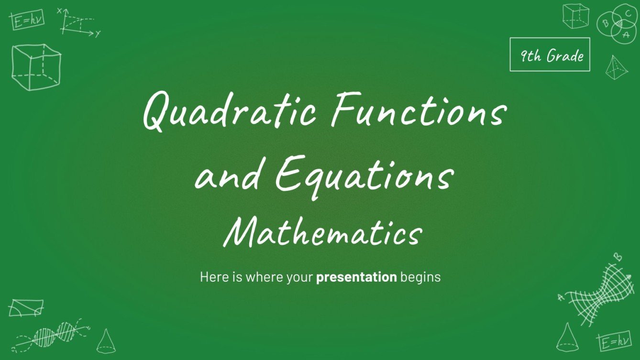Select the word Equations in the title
(364, 175)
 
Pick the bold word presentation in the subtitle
(356, 277)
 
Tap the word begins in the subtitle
(420, 277)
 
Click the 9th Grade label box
(550, 55)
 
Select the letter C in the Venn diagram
(628, 13)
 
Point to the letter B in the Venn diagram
(606, 22)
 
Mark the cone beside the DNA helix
(105, 340)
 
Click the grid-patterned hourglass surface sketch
(596, 293)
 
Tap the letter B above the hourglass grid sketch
(618, 257)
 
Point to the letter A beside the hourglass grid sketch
(561, 297)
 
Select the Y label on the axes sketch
(98, 33)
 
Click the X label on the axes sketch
(60, 10)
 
